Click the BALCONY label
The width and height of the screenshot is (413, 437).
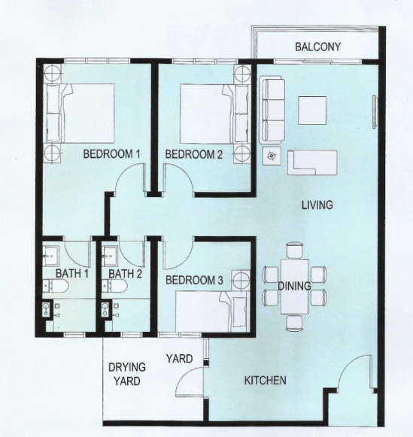pyautogui.click(x=317, y=47)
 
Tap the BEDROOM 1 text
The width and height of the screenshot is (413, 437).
pyautogui.click(x=111, y=154)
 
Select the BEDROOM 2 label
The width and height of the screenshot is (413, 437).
pyautogui.click(x=194, y=154)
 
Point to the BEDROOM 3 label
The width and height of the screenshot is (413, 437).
pyautogui.click(x=194, y=280)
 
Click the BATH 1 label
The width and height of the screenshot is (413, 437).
pyautogui.click(x=72, y=273)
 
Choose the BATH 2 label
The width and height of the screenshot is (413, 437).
pyautogui.click(x=125, y=274)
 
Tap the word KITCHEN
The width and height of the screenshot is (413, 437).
pyautogui.click(x=265, y=381)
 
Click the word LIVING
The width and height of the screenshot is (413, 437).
pyautogui.click(x=317, y=205)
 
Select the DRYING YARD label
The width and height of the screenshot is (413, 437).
pyautogui.click(x=127, y=374)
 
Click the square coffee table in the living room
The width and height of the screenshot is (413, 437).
pyautogui.click(x=312, y=111)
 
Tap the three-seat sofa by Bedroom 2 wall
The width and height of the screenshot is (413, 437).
pyautogui.click(x=273, y=111)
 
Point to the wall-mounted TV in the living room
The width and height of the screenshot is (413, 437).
pyautogui.click(x=375, y=112)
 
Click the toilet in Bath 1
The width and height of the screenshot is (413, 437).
pyautogui.click(x=56, y=287)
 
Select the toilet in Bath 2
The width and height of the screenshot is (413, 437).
pyautogui.click(x=115, y=287)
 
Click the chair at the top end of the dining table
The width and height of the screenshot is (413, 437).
pyautogui.click(x=295, y=250)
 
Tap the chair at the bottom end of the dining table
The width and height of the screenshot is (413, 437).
pyautogui.click(x=295, y=323)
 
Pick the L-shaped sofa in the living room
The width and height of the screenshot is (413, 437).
pyautogui.click(x=312, y=162)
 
